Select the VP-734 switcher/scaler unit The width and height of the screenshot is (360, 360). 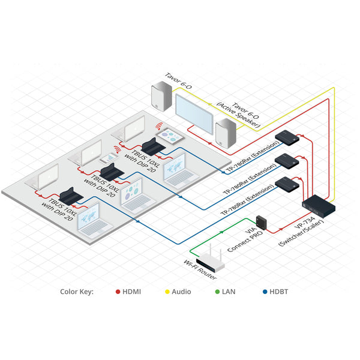pyautogui.click(x=318, y=205)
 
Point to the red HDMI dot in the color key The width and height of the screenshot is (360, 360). pyautogui.click(x=118, y=292)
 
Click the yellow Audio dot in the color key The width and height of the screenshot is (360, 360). pyautogui.click(x=167, y=292)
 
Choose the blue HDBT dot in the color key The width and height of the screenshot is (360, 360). pyautogui.click(x=265, y=292)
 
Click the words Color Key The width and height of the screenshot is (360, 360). pyautogui.click(x=77, y=292)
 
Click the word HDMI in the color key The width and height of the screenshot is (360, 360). pyautogui.click(x=132, y=292)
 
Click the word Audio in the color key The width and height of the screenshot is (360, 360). pyautogui.click(x=181, y=292)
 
